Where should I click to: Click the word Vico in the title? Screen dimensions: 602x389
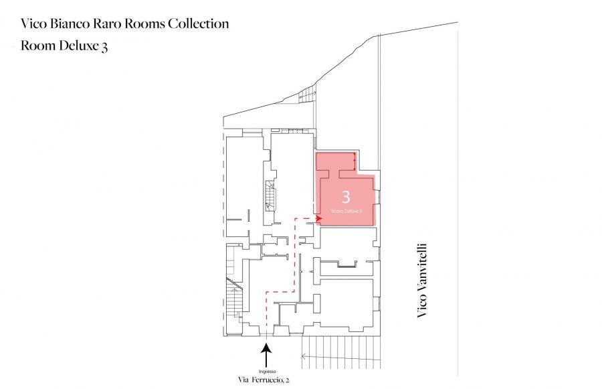[x=34, y=23]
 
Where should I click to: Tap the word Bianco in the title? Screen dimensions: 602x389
[x=70, y=23]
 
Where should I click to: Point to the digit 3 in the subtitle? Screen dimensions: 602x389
[x=104, y=46]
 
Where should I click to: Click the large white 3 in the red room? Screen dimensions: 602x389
[x=346, y=197]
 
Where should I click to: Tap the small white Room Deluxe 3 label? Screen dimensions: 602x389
[x=346, y=211]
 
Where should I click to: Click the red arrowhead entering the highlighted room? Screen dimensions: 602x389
[x=318, y=218]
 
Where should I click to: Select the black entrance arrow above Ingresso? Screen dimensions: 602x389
[x=266, y=355]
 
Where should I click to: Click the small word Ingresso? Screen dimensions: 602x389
[x=267, y=372]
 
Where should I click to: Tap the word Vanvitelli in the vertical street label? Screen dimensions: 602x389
[x=422, y=269]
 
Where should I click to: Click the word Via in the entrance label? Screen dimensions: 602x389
[x=243, y=380]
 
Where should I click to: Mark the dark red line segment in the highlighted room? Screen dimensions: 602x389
[x=355, y=161]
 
